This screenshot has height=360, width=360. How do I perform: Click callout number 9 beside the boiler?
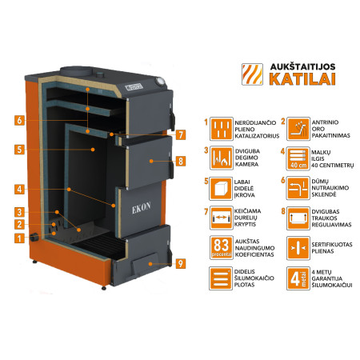[180, 262]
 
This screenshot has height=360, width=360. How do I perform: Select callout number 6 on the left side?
[17, 121]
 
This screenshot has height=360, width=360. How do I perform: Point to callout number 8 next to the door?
[181, 161]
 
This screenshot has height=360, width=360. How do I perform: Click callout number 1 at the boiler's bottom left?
[17, 238]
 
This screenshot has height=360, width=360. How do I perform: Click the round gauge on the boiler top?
[161, 81]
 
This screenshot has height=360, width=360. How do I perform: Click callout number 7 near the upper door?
[181, 134]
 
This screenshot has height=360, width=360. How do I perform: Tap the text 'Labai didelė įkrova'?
[250, 192]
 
